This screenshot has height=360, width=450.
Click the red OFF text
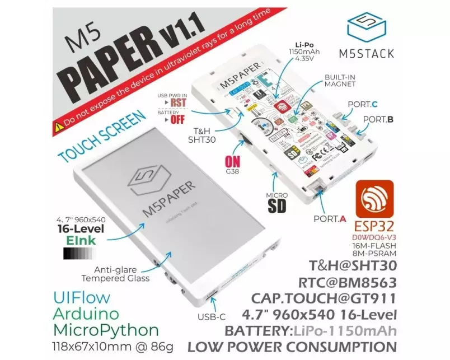177,119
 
